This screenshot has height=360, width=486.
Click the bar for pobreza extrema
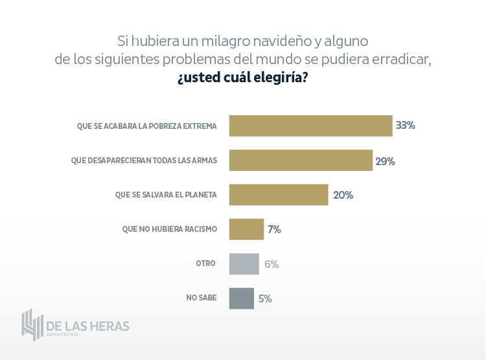click(x=310, y=126)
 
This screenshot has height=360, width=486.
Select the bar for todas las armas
click(x=301, y=160)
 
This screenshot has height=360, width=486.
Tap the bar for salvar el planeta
click(x=279, y=195)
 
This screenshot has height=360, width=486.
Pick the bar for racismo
click(x=246, y=229)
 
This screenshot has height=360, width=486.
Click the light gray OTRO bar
click(x=244, y=264)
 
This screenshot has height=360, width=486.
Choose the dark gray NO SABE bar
click(x=241, y=298)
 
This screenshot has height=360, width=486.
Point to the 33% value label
click(x=406, y=126)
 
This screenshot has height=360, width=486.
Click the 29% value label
click(x=385, y=161)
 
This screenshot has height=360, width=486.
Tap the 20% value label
click(x=343, y=195)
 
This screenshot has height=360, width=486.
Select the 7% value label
click(x=274, y=229)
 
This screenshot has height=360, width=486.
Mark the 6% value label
click(x=271, y=264)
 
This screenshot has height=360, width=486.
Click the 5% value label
click(x=265, y=298)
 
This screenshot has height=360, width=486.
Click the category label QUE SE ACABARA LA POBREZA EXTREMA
click(x=146, y=126)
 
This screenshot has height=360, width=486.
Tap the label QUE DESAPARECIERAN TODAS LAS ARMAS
click(x=144, y=160)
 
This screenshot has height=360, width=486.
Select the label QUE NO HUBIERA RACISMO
click(x=170, y=229)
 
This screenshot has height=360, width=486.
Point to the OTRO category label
click(x=205, y=264)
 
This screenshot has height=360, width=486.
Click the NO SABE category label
click(x=202, y=298)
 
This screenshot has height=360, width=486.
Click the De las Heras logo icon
click(x=32, y=324)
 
